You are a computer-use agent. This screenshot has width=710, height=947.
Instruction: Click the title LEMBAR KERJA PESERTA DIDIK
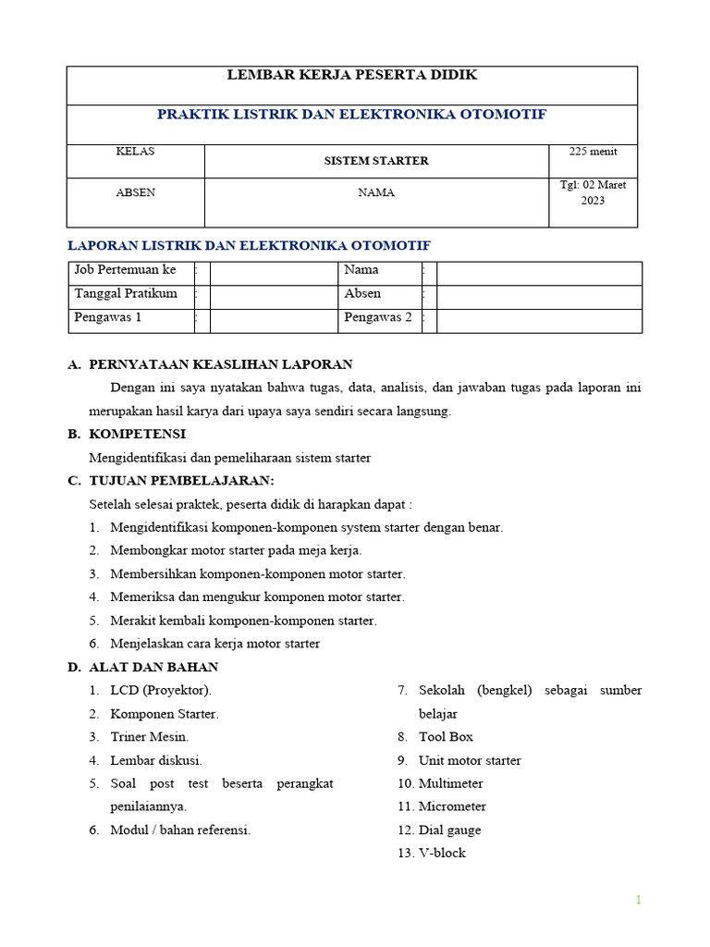[352, 75]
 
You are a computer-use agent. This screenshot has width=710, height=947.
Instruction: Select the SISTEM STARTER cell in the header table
[375, 160]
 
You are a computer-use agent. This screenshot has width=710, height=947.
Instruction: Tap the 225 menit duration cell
[593, 152]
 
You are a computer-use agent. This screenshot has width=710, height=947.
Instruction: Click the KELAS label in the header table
[135, 152]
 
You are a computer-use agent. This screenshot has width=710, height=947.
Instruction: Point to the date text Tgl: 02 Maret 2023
[593, 192]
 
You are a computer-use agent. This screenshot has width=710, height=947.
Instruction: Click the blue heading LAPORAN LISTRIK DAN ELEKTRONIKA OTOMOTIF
[251, 245]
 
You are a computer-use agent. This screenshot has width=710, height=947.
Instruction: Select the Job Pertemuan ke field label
[125, 270]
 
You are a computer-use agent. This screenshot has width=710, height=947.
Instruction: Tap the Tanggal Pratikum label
[126, 294]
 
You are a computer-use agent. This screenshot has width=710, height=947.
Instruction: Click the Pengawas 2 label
[378, 317]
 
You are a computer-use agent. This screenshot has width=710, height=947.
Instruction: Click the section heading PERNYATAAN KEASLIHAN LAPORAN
[220, 364]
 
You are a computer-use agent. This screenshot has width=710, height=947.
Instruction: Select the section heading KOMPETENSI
[137, 434]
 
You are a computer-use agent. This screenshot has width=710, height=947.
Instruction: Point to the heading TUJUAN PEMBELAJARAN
[181, 481]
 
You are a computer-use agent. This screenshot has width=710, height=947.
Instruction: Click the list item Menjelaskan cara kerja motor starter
[214, 644]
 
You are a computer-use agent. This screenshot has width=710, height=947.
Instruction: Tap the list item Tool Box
[446, 737]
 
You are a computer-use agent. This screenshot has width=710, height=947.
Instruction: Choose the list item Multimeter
[450, 783]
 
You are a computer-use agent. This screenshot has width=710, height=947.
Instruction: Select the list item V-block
[442, 853]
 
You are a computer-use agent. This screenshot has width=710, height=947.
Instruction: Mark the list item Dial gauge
[449, 830]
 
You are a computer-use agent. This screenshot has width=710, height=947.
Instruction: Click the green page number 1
[638, 900]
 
